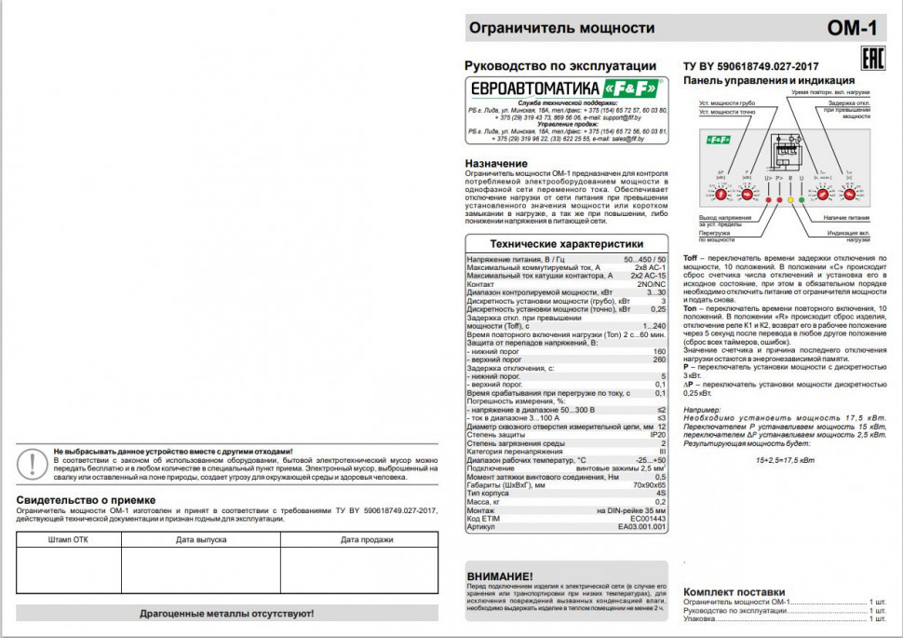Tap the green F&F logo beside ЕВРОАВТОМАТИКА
(631, 88)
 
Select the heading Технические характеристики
(566, 243)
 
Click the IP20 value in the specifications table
(658, 435)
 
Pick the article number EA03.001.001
(642, 526)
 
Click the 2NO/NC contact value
(650, 284)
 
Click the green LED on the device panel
(802, 199)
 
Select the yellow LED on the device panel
(790, 199)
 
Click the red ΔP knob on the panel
(720, 195)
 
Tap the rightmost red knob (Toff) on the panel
(851, 195)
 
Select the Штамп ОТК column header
(69, 540)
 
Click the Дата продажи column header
(359, 540)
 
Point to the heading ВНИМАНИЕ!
(500, 577)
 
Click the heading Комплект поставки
(734, 591)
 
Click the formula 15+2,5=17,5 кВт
(785, 460)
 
